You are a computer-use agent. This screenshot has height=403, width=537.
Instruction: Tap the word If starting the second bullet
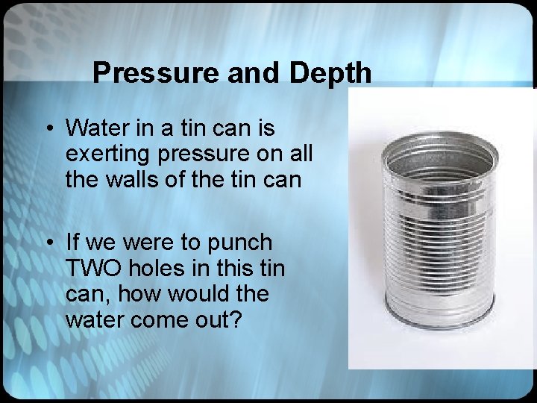(x=73, y=243)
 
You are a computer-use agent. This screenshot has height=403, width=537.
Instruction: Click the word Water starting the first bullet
(x=98, y=128)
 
